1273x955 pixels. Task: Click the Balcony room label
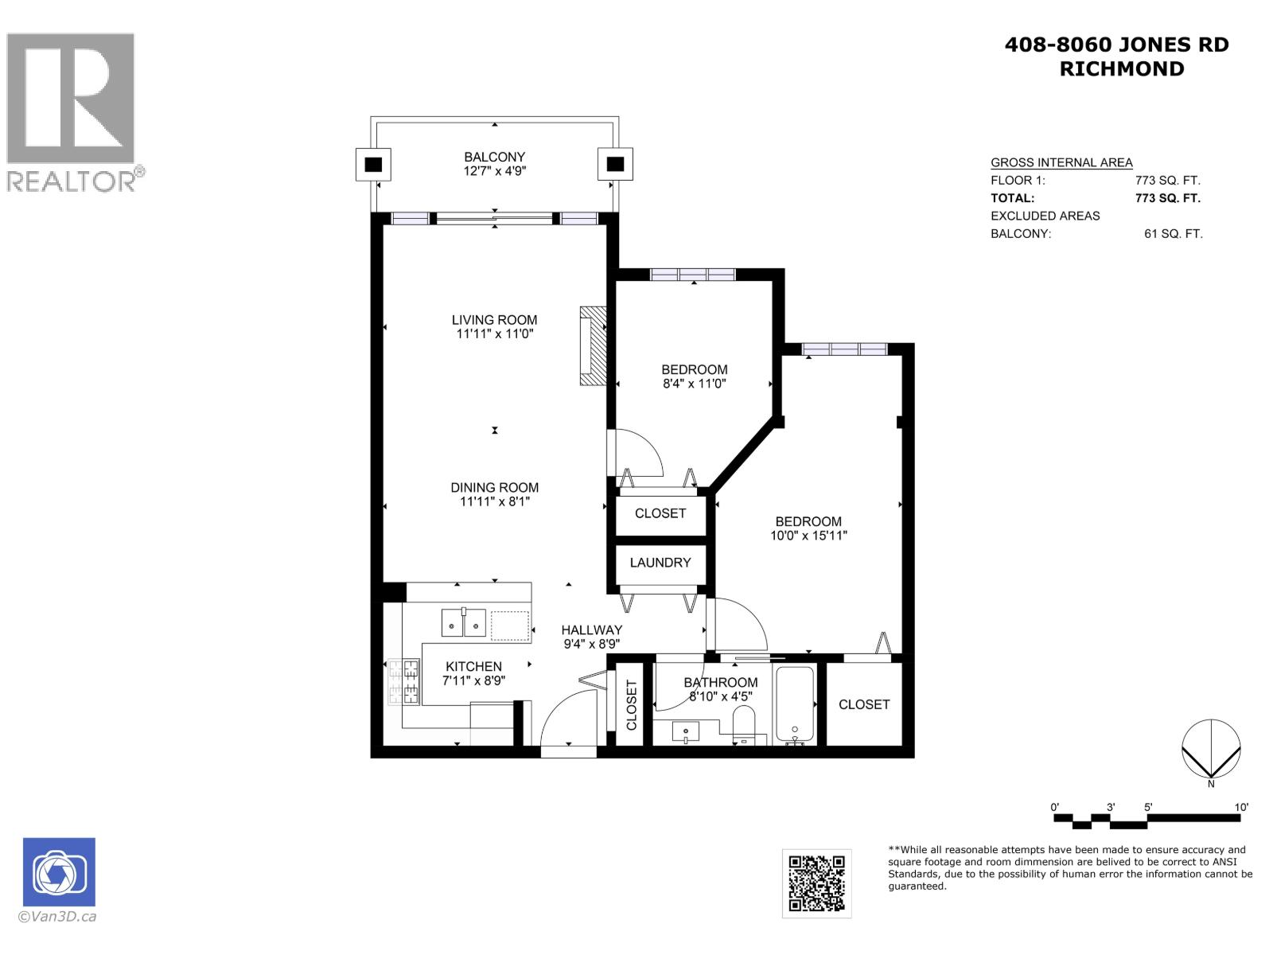[x=494, y=157]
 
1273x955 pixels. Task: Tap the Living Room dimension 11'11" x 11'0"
[x=494, y=334]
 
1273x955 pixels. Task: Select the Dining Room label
[x=494, y=487]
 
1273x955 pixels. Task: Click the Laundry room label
[x=660, y=563]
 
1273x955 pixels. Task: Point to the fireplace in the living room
[x=592, y=346]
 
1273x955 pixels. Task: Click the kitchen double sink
[x=464, y=624]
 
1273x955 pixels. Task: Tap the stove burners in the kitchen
[x=403, y=682]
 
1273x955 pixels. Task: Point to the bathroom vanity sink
[x=685, y=731]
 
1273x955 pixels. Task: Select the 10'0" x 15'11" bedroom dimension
[x=808, y=536]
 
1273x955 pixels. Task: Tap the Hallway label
[x=591, y=630]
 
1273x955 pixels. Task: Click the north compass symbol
[x=1210, y=750]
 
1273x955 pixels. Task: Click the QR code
[x=816, y=883]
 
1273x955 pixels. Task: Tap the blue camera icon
[x=59, y=871]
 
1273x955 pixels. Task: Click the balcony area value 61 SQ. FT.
[x=1173, y=234]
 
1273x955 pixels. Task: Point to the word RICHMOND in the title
[x=1121, y=69]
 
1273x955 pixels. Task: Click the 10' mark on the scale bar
[x=1240, y=807]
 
